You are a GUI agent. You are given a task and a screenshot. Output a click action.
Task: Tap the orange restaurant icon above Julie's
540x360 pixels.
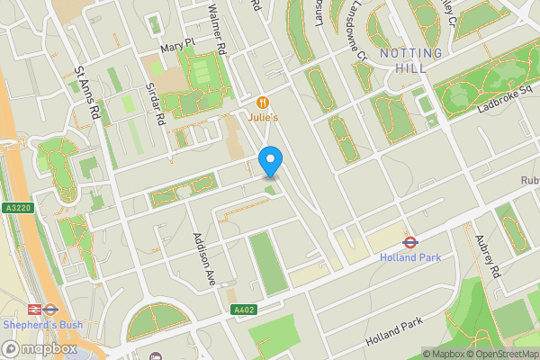coord(263,102)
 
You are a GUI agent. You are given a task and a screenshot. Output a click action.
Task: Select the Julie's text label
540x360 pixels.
coord(263,116)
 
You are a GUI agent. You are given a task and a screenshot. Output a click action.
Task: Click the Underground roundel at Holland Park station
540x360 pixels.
coord(409,241)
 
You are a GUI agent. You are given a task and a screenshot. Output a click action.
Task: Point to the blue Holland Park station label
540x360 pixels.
coord(409,257)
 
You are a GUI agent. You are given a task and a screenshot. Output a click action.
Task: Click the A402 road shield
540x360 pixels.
coord(244,310)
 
